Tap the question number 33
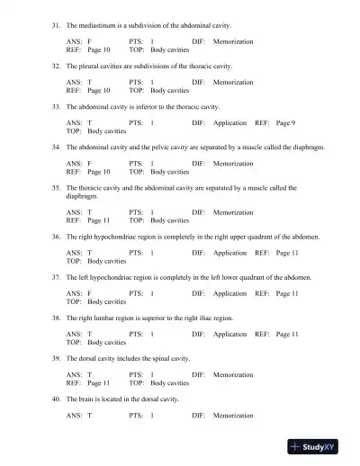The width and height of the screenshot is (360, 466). (56, 107)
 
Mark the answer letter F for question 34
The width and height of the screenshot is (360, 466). (89, 163)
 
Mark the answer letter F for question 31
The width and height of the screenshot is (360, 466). (89, 42)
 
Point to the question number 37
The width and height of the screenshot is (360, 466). (56, 277)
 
